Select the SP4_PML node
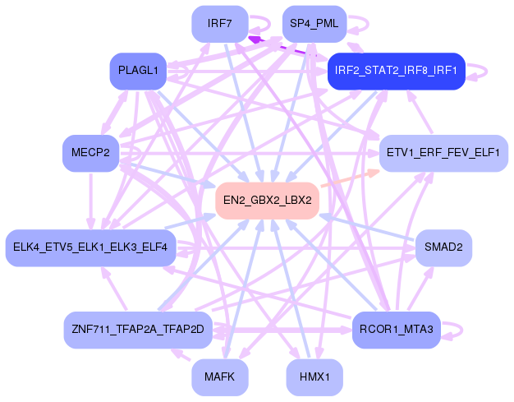314,23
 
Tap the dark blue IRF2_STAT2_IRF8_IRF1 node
397,72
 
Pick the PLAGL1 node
138,72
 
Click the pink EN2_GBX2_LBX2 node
267,201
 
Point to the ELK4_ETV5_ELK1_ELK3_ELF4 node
90,247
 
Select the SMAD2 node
443,247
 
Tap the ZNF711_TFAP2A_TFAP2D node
138,330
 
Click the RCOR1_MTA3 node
397,330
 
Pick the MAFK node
220,377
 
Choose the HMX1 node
314,377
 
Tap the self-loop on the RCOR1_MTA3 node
457,330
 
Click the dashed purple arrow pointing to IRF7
283,46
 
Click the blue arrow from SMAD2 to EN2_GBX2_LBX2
369,229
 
